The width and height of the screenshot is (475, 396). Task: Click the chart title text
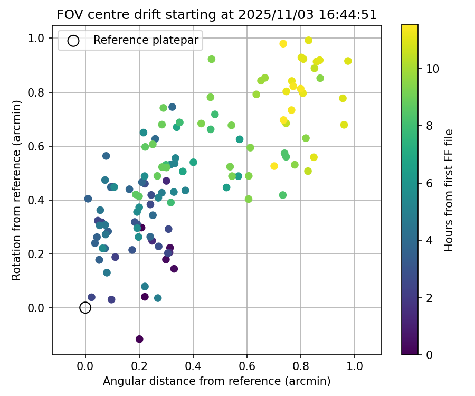point(217,15)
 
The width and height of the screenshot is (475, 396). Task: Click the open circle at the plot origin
point(85,308)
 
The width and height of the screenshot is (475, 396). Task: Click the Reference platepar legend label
point(146,40)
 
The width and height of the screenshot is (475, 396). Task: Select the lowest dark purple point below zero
point(139,339)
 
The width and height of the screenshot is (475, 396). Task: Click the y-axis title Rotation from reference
point(17,190)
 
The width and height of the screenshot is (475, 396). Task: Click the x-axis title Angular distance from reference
point(216,381)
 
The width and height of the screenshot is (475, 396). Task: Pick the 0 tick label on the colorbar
point(429,355)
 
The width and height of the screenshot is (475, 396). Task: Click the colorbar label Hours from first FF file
point(449,190)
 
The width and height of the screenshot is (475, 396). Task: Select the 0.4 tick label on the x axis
point(193,365)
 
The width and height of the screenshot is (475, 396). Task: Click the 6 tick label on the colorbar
point(429,183)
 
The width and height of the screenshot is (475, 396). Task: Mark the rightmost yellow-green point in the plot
point(348,61)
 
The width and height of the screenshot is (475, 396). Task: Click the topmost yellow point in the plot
point(309,40)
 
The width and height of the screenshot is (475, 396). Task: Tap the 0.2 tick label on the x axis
point(139,365)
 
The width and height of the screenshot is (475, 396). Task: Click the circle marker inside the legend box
point(73,41)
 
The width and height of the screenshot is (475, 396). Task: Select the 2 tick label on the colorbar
point(429,298)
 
